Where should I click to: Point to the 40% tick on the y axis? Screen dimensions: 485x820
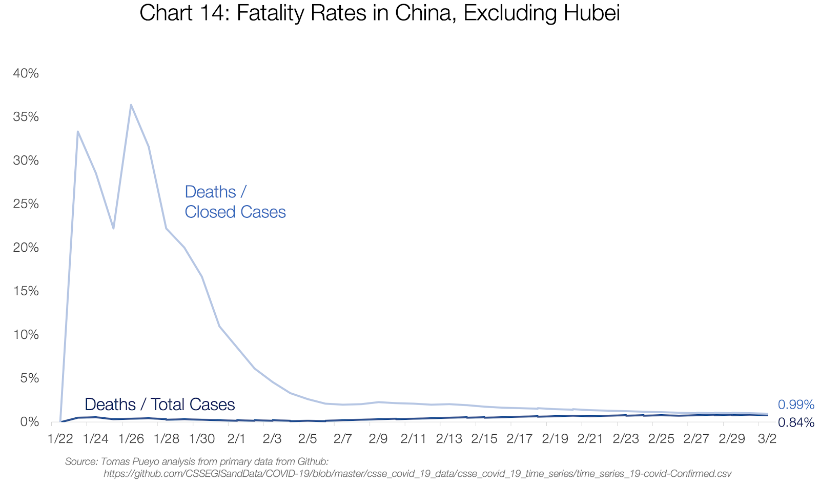[26, 73]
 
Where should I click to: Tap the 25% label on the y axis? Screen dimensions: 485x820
[26, 204]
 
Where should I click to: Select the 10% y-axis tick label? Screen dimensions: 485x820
[26, 335]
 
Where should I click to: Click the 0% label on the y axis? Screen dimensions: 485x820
[29, 422]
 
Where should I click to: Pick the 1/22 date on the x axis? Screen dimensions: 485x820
[60, 439]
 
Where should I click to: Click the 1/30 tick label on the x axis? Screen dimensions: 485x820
[202, 439]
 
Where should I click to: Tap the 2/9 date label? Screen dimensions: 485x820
[378, 439]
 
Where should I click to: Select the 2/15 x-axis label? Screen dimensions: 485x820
[484, 439]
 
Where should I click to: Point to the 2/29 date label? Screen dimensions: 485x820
[732, 439]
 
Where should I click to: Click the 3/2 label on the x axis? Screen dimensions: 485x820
[767, 439]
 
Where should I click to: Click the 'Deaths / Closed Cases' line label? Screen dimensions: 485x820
[235, 201]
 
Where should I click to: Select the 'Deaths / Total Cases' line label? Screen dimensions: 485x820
[159, 405]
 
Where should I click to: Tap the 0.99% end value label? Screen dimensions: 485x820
[796, 405]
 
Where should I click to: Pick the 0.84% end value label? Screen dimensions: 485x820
[796, 422]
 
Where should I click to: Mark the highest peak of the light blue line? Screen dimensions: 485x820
[131, 105]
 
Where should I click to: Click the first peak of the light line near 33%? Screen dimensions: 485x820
[77, 131]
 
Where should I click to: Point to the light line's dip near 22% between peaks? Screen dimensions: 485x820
[113, 228]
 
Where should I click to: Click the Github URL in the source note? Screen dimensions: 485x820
[417, 474]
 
